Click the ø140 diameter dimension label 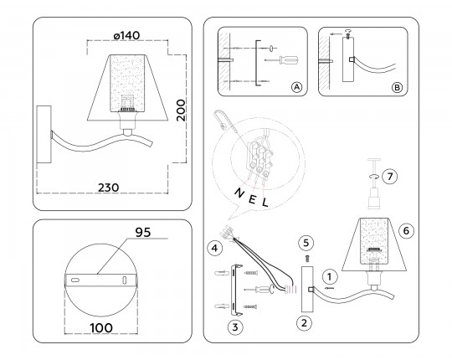(x=127, y=36)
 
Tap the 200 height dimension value (x=181, y=111)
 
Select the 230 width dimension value (x=108, y=188)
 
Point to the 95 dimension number (x=143, y=232)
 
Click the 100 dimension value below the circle (x=101, y=327)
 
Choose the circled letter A (x=296, y=87)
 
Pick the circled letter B (x=397, y=87)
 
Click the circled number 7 (x=390, y=176)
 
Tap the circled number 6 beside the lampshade (x=406, y=230)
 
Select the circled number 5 (x=306, y=243)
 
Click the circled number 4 (x=215, y=248)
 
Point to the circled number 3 (x=235, y=327)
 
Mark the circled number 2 (x=305, y=323)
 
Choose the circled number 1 (x=330, y=277)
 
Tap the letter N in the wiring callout (x=239, y=193)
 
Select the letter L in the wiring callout (x=265, y=202)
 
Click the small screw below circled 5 (x=307, y=259)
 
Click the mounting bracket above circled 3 (x=236, y=289)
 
